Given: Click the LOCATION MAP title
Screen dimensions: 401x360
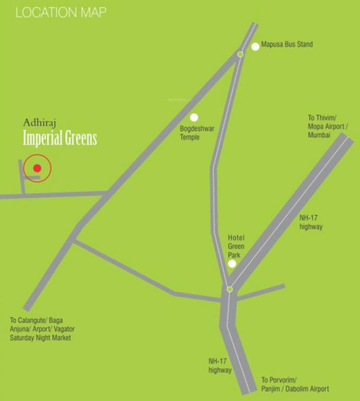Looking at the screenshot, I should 61,12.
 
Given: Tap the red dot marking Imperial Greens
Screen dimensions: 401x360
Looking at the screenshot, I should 37,168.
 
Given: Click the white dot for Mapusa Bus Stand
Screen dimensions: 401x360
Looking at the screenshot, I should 255,46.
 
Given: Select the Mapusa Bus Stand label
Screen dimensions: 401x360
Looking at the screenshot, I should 286,44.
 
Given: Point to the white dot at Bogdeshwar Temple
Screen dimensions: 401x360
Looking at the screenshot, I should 194,117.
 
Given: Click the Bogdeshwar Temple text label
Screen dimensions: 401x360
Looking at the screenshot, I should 190,133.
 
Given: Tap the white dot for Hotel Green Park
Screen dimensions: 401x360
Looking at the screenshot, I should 232,264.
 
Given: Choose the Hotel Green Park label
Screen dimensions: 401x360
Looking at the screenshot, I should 236,246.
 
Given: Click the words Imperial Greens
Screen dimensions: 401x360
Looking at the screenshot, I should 60,139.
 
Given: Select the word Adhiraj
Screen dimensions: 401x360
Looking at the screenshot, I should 39,123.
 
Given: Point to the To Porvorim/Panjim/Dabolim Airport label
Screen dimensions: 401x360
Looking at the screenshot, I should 295,384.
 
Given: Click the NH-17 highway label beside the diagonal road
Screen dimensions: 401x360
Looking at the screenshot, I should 311,222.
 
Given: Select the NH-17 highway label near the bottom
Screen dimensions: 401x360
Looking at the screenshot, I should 220,365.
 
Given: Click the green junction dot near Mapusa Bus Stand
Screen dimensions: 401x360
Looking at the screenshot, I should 241,54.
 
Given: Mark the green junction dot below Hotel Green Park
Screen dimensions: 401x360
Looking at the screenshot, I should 229,289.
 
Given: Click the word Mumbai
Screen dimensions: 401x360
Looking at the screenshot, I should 319,134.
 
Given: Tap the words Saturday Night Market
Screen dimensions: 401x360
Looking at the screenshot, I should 40,338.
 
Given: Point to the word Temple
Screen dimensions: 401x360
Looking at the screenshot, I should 190,137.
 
